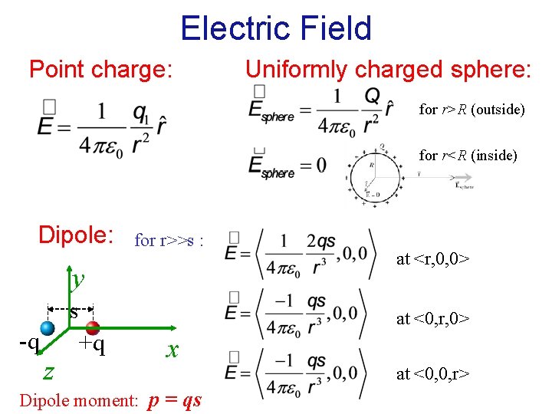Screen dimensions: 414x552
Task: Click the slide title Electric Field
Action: coord(276,29)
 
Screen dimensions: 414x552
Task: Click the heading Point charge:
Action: coord(100,70)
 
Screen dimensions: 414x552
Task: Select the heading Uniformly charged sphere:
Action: coord(388,70)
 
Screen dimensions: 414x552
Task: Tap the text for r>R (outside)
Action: coord(472,110)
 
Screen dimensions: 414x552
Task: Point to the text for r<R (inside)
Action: coord(468,156)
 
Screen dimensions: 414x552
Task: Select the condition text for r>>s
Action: coord(169,241)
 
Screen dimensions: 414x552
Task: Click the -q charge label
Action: coord(28,342)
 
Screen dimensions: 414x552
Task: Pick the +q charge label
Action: coord(92,347)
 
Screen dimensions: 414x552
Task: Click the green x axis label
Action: coord(173,350)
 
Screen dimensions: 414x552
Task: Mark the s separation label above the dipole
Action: coord(74,313)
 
